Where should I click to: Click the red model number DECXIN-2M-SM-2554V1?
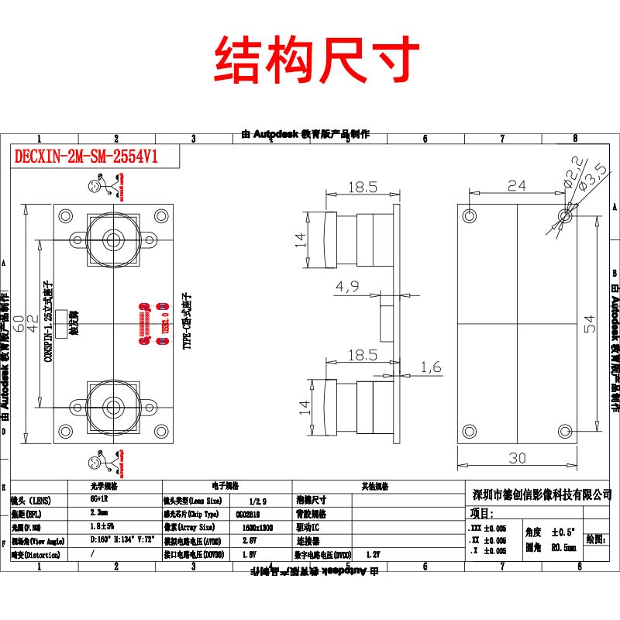86,156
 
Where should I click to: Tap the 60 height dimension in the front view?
16,319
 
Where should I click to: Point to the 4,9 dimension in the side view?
347,288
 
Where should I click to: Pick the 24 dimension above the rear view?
516,185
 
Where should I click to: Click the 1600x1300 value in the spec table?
247,527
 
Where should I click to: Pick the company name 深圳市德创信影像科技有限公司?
542,494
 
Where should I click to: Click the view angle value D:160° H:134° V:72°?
123,540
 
